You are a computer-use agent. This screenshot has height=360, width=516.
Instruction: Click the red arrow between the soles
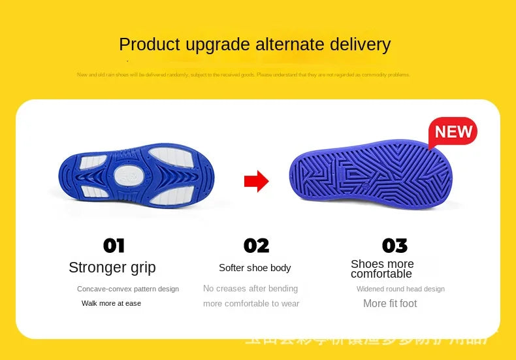(x=256, y=182)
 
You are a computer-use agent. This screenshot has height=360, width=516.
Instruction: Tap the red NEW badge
(x=453, y=132)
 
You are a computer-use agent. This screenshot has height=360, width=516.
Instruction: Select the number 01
(x=114, y=246)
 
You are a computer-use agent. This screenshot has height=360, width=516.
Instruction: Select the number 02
(x=256, y=246)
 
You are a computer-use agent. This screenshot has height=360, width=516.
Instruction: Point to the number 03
(x=395, y=246)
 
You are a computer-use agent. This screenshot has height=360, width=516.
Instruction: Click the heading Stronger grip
(x=112, y=267)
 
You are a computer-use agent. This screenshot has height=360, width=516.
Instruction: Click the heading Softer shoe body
(x=255, y=268)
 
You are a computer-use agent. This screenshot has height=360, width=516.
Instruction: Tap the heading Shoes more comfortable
(x=382, y=269)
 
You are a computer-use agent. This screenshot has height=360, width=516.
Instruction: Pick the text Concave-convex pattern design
(x=128, y=289)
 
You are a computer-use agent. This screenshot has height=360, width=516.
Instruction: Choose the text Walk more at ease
(x=111, y=303)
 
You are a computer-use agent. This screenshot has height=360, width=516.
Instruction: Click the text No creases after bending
(x=250, y=288)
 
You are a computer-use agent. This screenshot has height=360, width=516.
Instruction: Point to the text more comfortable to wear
(x=251, y=303)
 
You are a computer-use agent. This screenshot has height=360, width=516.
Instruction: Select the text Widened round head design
(x=400, y=289)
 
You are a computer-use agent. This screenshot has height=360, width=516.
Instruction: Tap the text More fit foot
(x=390, y=303)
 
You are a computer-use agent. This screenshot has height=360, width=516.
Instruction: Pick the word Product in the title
(x=149, y=44)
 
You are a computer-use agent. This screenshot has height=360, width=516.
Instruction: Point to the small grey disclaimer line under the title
(x=244, y=74)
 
